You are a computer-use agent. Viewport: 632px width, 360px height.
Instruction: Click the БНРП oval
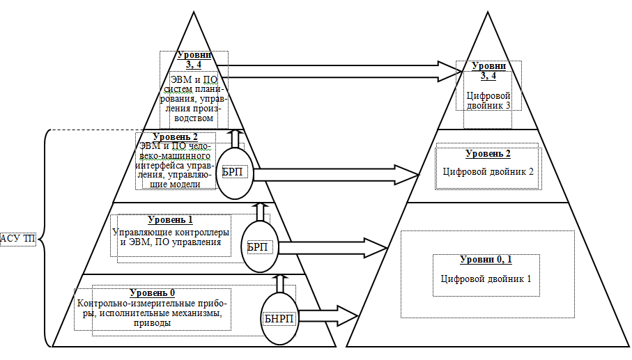tap(278, 318)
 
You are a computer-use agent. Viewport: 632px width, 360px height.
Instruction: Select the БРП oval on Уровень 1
tap(258, 246)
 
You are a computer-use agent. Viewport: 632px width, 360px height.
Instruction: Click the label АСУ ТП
tap(19, 239)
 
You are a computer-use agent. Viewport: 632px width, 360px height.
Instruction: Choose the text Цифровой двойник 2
tap(488, 171)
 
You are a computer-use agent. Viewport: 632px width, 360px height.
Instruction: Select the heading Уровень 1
tap(171, 219)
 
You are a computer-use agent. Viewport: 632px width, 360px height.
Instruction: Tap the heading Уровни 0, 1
tap(486, 260)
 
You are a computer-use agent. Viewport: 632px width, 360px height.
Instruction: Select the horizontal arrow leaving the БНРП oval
tap(323, 314)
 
